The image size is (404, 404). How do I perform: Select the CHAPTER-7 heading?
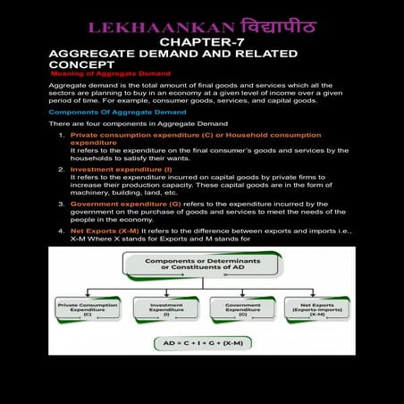tap(201, 43)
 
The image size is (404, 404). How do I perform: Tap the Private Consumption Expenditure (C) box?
tap(88, 309)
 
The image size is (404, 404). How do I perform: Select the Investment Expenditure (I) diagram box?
tap(166, 309)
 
